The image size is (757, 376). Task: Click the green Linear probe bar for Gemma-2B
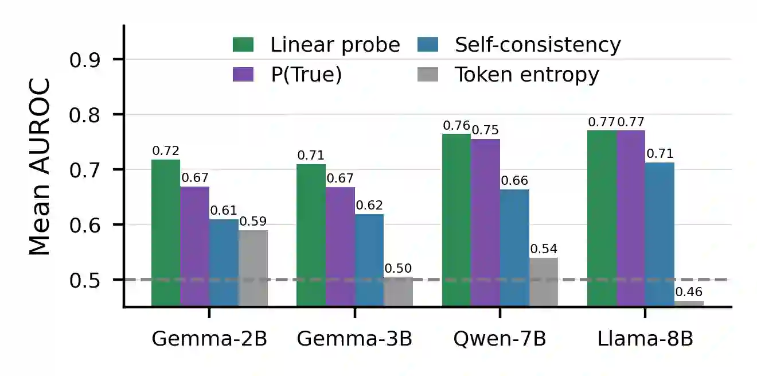166,233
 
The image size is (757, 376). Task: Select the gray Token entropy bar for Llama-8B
689,304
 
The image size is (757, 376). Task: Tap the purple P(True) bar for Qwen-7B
485,223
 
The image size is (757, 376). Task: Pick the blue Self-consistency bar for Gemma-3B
369,261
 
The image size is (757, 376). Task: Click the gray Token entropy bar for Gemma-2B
253,269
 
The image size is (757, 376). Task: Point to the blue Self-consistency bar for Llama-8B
660,235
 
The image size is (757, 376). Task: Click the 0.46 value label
689,292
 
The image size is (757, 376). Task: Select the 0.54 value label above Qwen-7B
544,249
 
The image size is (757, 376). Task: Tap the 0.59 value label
253,222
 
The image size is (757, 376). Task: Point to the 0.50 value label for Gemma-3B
398,269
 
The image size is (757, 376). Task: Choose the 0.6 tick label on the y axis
85,225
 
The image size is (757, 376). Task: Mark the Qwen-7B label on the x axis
500,339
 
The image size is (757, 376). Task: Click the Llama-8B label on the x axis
645,339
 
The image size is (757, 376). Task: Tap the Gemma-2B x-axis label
209,339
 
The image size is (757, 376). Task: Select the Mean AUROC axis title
39,166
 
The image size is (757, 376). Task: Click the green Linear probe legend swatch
243,45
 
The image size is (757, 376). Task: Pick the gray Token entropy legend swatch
427,75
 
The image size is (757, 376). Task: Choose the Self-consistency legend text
538,45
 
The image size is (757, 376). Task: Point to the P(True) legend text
306,75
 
